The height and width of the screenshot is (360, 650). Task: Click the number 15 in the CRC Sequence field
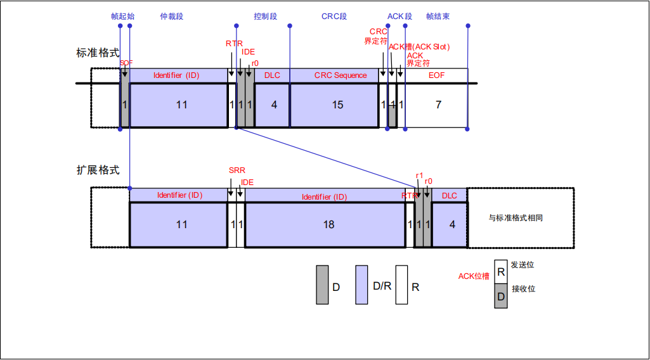[337, 105]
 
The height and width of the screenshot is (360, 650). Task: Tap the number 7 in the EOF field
[438, 105]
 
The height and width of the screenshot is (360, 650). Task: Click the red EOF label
[436, 75]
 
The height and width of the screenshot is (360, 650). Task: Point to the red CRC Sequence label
[341, 75]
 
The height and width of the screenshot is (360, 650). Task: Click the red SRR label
[237, 170]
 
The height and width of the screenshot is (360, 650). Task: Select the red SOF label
[126, 63]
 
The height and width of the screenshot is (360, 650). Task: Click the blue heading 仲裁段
[171, 16]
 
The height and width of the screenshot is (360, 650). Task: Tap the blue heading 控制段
[265, 16]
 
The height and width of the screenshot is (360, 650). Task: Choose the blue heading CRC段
[334, 16]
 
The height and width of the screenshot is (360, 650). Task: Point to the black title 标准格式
[98, 53]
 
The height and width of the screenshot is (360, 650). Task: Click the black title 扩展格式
[98, 170]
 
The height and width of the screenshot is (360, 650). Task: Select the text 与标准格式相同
[516, 218]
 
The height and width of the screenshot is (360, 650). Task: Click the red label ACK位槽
[474, 276]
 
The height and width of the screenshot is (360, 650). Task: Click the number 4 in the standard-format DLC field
[274, 105]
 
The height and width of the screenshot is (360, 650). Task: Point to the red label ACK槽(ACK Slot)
[419, 47]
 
